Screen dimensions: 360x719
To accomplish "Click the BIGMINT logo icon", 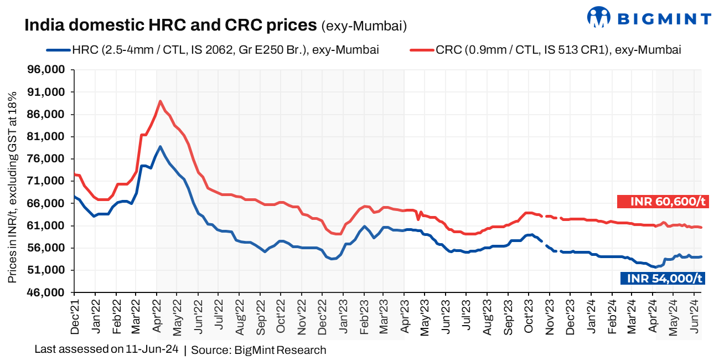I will click(x=598, y=17).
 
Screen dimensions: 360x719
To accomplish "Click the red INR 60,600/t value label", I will click(x=662, y=202).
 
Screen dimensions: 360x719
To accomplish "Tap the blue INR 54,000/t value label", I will click(x=662, y=279).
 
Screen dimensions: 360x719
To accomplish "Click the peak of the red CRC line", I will click(x=160, y=101).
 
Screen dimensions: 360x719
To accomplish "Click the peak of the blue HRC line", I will click(x=160, y=147).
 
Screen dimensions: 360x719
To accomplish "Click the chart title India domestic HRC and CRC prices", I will click(x=170, y=25).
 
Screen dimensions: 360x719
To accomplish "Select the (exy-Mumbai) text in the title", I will click(x=364, y=25).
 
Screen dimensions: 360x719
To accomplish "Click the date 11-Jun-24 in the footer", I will click(x=152, y=349).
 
